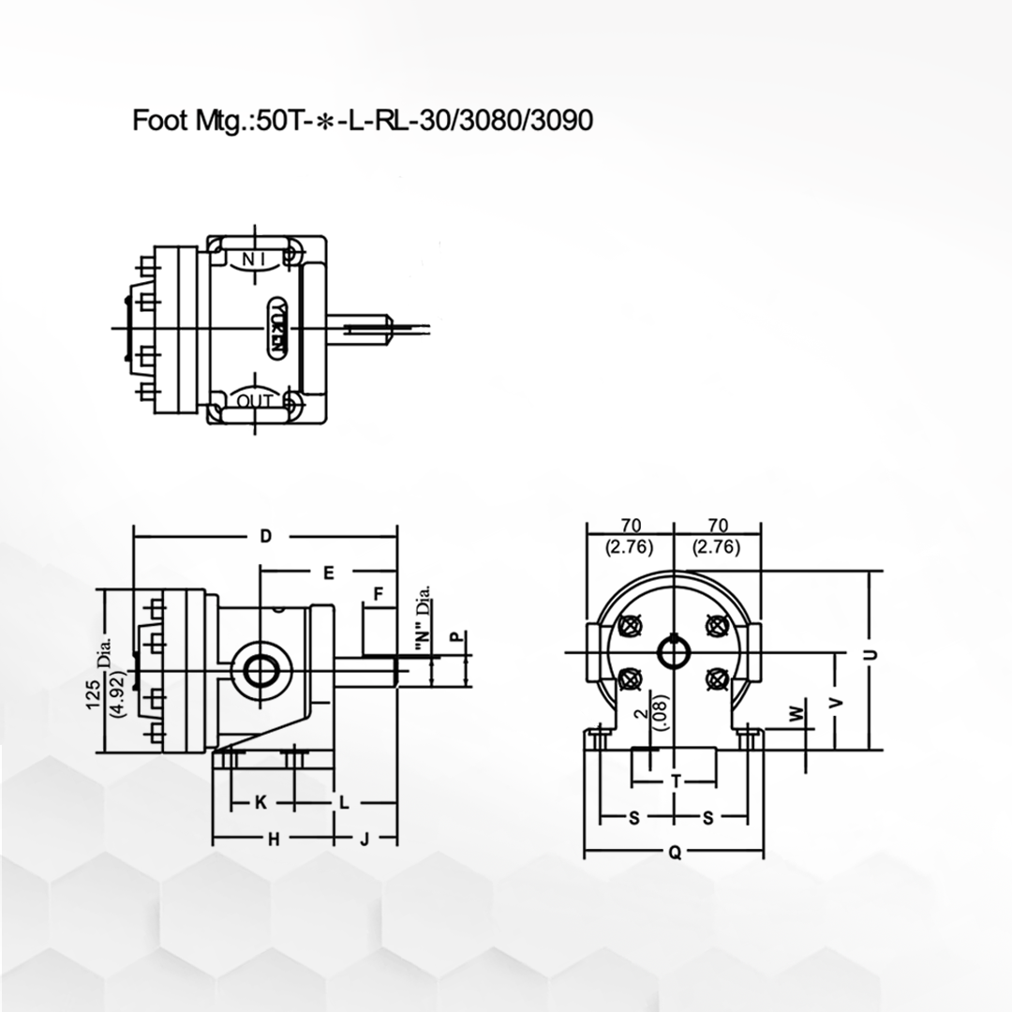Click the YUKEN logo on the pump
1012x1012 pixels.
pyautogui.click(x=277, y=328)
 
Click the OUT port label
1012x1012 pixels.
pyautogui.click(x=254, y=401)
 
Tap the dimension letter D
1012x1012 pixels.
pyautogui.click(x=266, y=536)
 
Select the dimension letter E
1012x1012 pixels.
pyautogui.click(x=329, y=573)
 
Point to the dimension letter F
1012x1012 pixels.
pyautogui.click(x=379, y=593)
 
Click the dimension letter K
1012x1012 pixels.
pyautogui.click(x=260, y=802)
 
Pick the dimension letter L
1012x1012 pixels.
pyautogui.click(x=344, y=803)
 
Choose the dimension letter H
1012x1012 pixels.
pyautogui.click(x=274, y=839)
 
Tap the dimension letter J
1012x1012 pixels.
pyautogui.click(x=365, y=839)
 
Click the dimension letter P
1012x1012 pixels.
pyautogui.click(x=457, y=636)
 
